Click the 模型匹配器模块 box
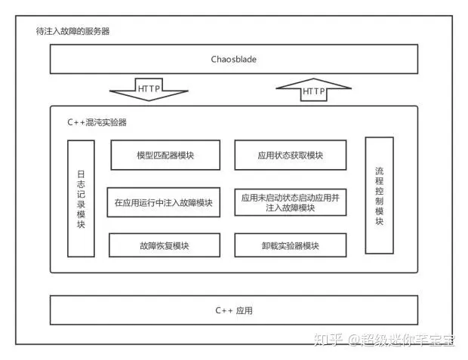click(x=165, y=155)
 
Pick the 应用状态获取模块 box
click(x=290, y=155)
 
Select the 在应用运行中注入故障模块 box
click(x=164, y=202)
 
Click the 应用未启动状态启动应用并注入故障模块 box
click(x=290, y=202)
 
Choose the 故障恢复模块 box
click(x=164, y=245)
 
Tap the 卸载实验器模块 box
click(x=290, y=245)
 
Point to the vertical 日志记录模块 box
click(x=81, y=198)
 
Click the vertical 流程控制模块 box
click(x=379, y=195)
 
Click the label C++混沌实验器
click(x=97, y=121)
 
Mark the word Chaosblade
click(x=233, y=59)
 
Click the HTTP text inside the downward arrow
click(x=148, y=89)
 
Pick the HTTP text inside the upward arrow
click(x=313, y=92)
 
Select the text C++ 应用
click(x=233, y=310)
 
